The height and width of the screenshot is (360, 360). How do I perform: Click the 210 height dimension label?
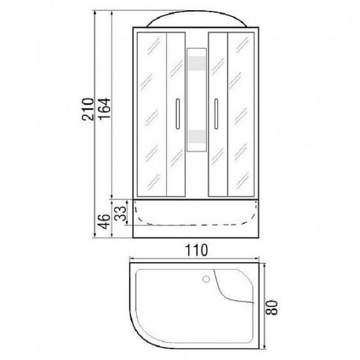(88, 109)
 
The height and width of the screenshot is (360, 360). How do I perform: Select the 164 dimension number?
(104, 109)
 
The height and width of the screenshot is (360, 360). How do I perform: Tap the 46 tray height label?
(104, 222)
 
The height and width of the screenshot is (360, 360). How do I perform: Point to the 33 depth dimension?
(120, 213)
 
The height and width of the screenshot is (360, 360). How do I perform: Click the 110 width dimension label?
(197, 250)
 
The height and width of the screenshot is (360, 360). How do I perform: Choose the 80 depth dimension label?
(272, 307)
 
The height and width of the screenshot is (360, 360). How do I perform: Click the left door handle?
(178, 114)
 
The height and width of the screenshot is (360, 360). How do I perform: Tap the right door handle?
(216, 114)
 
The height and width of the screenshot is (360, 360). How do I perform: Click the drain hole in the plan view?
(206, 279)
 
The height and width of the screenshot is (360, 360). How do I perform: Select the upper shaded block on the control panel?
(197, 63)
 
